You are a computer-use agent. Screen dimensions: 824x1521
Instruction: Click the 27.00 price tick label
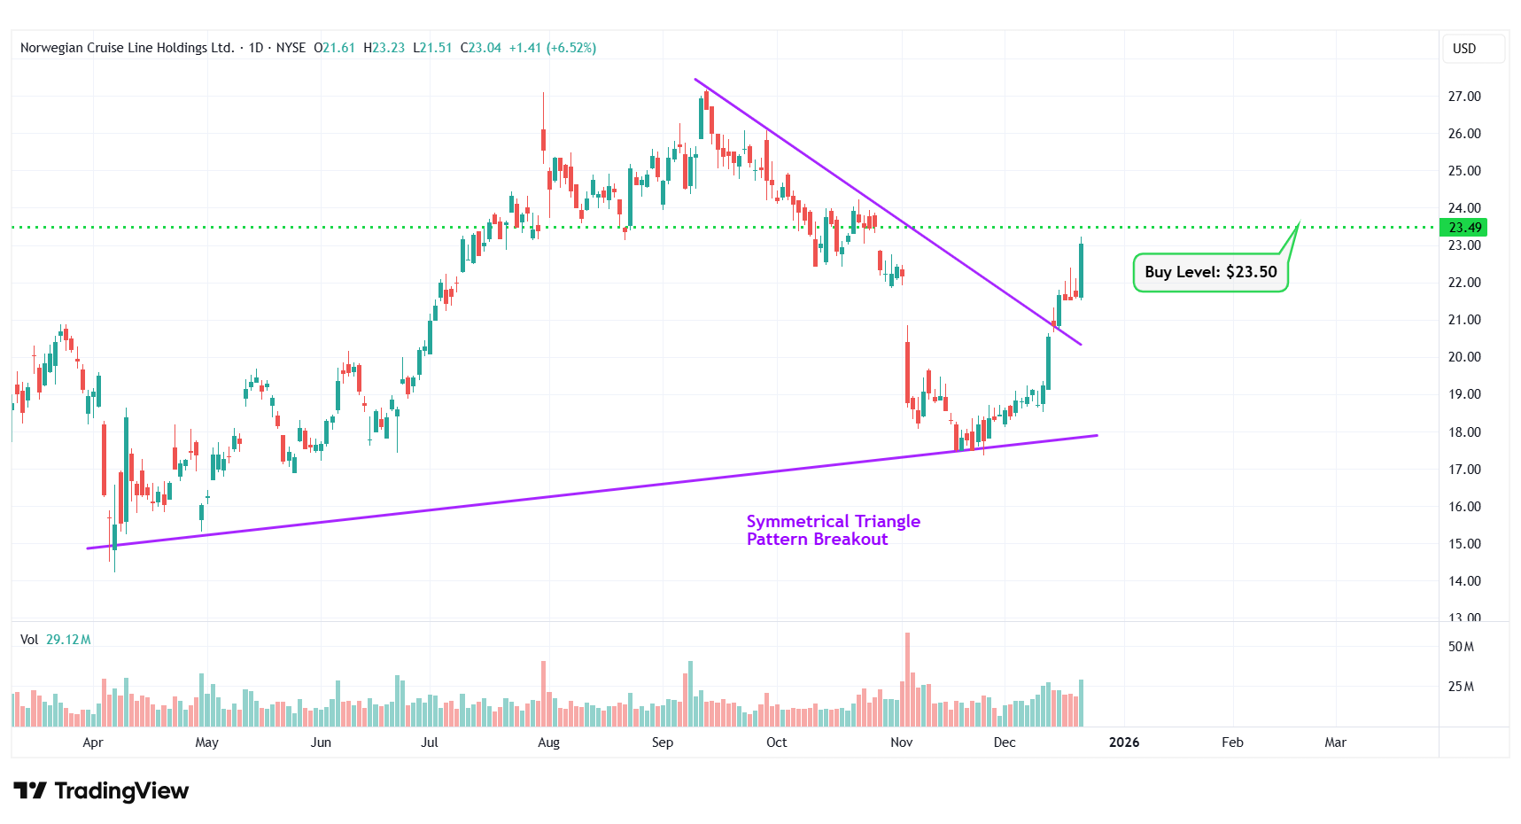[x=1463, y=97]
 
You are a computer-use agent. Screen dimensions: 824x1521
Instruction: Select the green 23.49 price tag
[x=1464, y=228]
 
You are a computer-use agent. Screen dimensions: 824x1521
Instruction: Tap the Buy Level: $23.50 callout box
[x=1210, y=272]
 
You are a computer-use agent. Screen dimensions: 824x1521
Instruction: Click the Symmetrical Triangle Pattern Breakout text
[x=833, y=530]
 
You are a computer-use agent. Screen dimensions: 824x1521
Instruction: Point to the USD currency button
[x=1464, y=49]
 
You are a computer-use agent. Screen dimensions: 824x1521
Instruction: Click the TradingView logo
[x=101, y=790]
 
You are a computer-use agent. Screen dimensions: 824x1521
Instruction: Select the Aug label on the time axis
[x=548, y=742]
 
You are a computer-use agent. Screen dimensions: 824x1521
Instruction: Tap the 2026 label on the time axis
[x=1124, y=742]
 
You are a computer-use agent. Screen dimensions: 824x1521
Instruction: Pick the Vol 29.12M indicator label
[x=56, y=640]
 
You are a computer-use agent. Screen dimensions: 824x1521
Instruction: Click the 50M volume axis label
[x=1461, y=647]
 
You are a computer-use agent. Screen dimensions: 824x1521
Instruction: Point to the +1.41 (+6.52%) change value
[x=552, y=48]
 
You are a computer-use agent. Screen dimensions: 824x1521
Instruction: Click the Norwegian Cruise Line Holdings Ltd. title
[x=127, y=48]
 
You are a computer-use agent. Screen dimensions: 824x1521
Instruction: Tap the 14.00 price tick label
[x=1463, y=581]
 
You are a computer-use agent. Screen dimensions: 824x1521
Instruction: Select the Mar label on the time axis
[x=1335, y=742]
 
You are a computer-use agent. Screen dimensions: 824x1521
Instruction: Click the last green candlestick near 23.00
[x=1081, y=270]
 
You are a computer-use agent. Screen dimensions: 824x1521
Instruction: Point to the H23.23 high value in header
[x=384, y=48]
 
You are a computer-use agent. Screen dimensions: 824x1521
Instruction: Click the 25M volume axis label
[x=1461, y=687]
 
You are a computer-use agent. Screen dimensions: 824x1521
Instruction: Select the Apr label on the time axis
[x=93, y=742]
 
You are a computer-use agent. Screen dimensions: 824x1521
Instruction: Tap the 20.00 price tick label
[x=1463, y=357]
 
